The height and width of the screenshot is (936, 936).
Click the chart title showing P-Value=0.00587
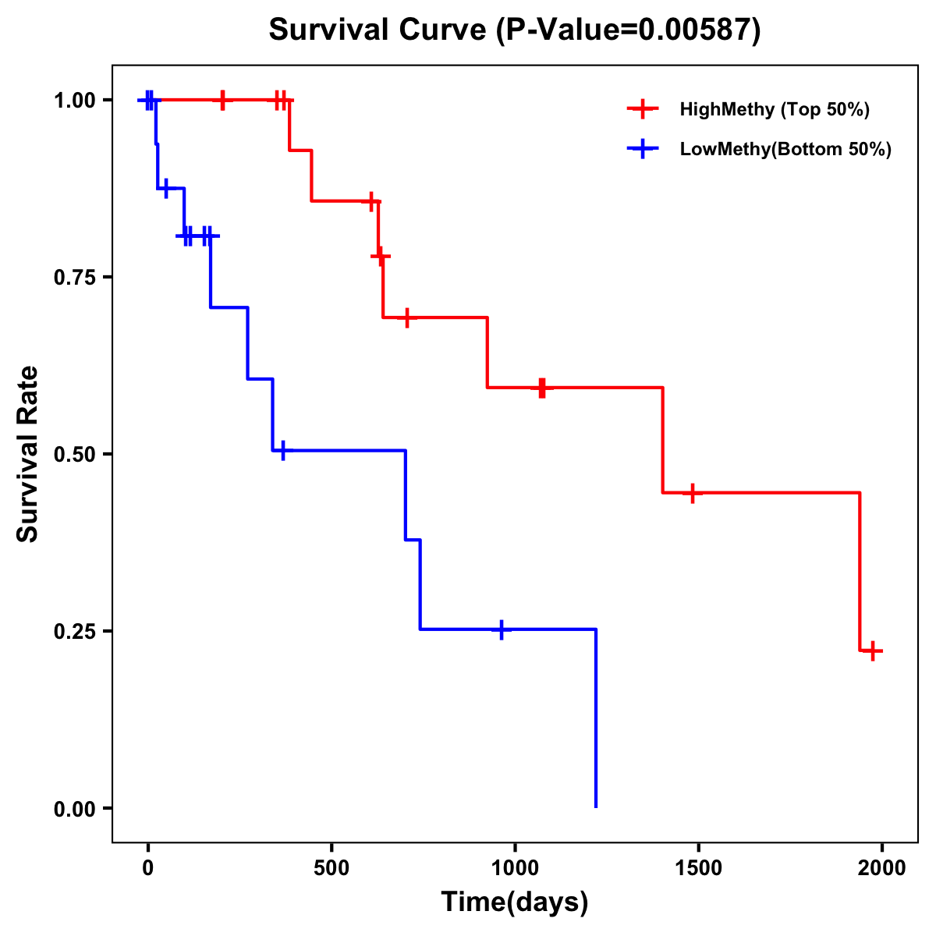[514, 30]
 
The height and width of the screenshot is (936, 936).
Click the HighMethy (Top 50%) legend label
[774, 109]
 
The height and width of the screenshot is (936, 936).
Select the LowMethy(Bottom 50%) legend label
[785, 149]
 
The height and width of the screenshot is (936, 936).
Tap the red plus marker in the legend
[643, 109]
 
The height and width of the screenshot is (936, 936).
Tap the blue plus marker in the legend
[643, 149]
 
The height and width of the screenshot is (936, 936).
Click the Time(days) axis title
[515, 902]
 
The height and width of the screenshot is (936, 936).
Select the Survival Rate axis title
[28, 454]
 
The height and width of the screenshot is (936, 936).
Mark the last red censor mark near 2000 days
[873, 651]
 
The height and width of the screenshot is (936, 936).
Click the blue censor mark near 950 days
[501, 629]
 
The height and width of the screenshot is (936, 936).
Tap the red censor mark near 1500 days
[692, 493]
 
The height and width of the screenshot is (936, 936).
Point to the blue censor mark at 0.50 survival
[282, 451]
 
